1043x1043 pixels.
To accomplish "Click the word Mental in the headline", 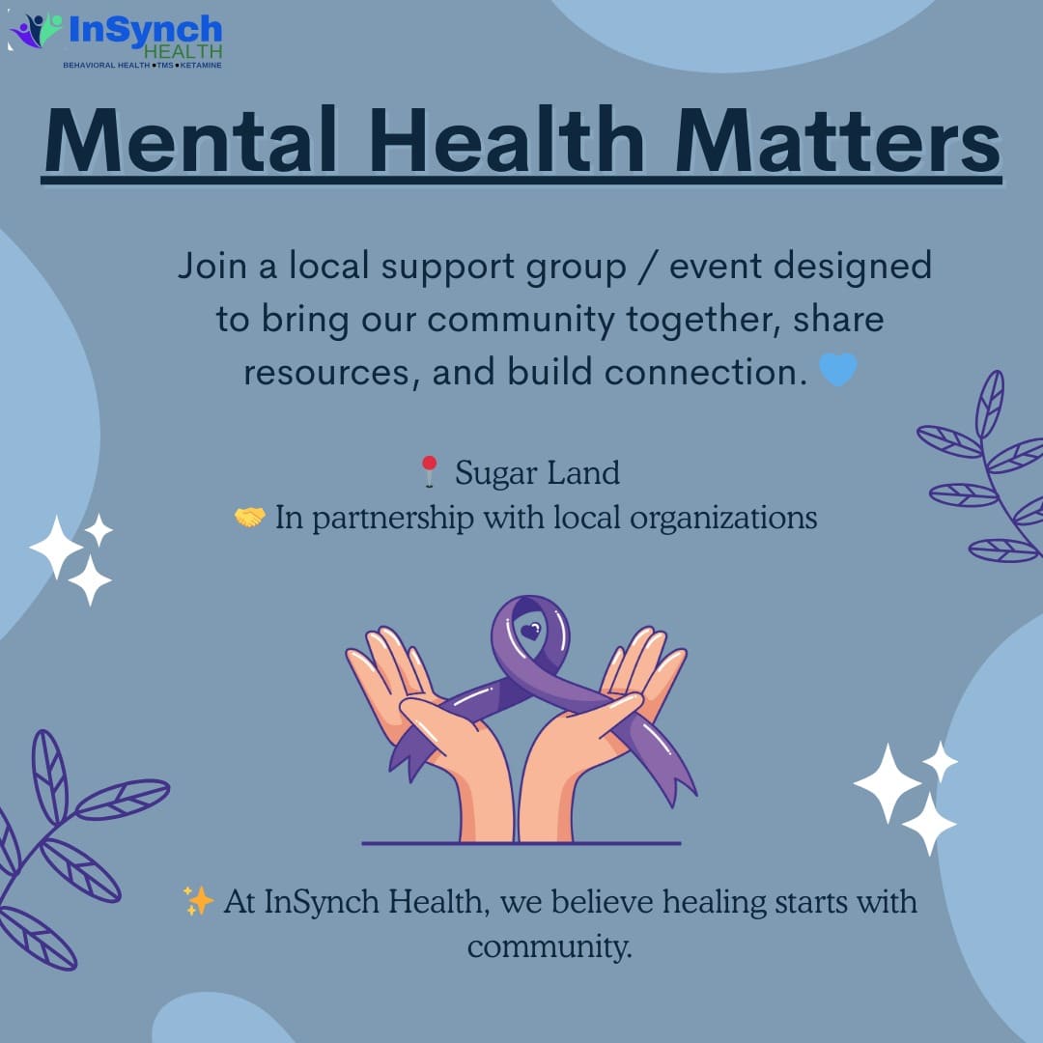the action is point(190,141).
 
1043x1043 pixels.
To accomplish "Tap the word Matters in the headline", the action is point(837,141).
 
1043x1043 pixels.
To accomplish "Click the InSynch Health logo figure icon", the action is point(37,31).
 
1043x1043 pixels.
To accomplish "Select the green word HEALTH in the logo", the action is point(183,52).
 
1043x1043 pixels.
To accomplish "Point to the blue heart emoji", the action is point(838,369).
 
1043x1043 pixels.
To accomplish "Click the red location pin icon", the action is point(430,471).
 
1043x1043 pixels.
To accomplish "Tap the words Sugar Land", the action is point(537,473).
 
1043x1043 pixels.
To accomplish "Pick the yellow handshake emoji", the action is point(250,517).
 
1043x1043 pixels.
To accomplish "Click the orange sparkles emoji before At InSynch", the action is point(198,901).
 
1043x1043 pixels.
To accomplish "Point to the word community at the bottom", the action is point(550,946).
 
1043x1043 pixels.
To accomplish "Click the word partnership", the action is point(393,519).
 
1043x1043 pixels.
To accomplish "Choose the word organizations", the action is point(723,519).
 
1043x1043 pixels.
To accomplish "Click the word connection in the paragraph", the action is point(706,372).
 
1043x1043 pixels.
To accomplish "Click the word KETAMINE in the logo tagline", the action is point(201,66).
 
